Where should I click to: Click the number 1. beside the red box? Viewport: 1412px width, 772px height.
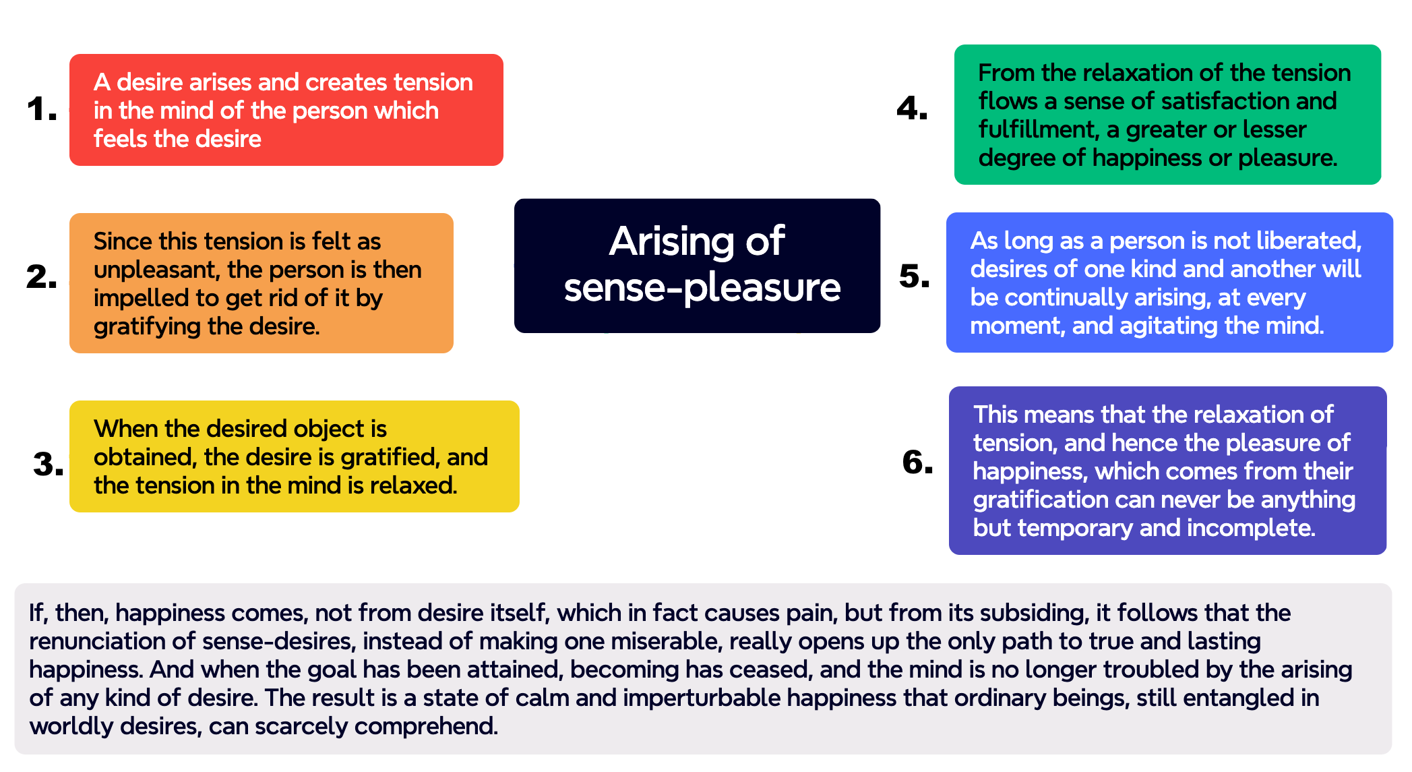(41, 109)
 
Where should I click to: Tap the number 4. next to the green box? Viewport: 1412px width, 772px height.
(911, 109)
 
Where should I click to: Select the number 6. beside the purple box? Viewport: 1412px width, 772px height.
(917, 463)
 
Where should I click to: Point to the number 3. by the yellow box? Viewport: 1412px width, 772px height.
(48, 465)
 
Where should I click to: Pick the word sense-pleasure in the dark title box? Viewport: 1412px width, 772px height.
(702, 288)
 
